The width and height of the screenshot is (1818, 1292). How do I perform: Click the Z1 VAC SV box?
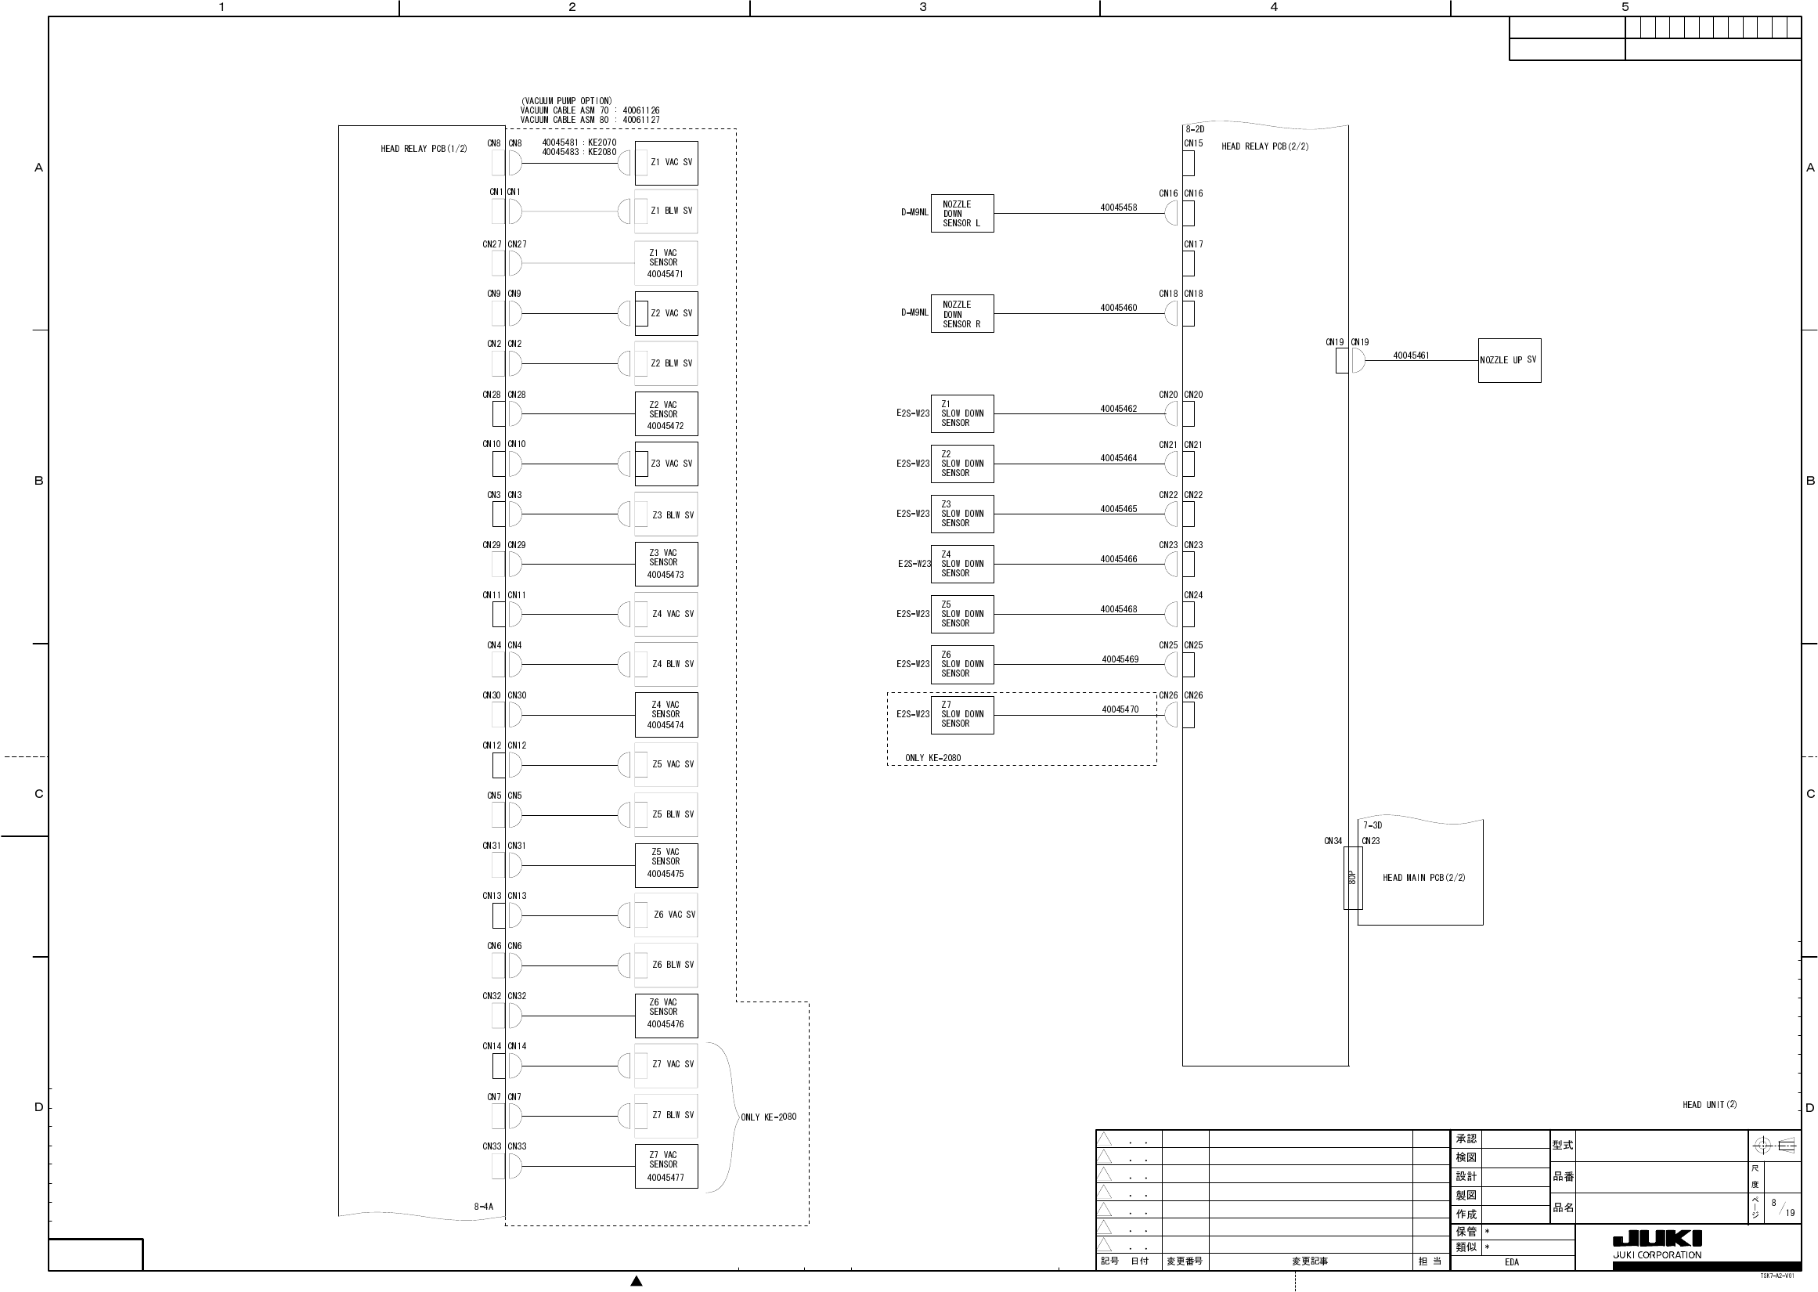click(666, 163)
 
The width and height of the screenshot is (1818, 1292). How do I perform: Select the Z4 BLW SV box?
click(666, 664)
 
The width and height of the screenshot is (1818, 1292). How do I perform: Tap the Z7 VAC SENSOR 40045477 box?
click(666, 1166)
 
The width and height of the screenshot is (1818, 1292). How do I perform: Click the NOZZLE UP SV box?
click(1509, 360)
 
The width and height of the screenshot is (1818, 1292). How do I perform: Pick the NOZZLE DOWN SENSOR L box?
click(961, 213)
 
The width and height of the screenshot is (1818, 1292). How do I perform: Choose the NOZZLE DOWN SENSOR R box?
click(961, 314)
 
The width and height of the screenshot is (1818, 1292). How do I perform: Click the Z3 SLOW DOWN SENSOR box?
click(961, 514)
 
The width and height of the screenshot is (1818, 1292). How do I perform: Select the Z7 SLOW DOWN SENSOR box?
click(961, 714)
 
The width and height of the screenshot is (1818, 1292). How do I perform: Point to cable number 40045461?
click(1411, 355)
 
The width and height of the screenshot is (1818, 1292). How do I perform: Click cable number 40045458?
click(1118, 208)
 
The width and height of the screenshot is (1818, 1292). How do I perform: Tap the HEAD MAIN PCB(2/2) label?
click(1423, 878)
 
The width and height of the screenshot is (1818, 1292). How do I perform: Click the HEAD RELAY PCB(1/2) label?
click(424, 149)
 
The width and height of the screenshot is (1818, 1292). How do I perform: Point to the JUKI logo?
click(1657, 1239)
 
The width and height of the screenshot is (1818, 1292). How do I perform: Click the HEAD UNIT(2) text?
click(1709, 1104)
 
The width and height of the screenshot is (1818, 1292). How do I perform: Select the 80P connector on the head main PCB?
click(1352, 878)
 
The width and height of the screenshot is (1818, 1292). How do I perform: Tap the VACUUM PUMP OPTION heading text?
click(566, 101)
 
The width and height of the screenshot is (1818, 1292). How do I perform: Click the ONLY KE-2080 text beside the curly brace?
click(768, 1117)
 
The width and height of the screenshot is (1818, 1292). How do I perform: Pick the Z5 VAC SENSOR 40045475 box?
click(666, 865)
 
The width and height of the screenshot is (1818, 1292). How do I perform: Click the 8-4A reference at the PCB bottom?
click(484, 1207)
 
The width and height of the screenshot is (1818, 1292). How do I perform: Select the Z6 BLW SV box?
click(666, 965)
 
